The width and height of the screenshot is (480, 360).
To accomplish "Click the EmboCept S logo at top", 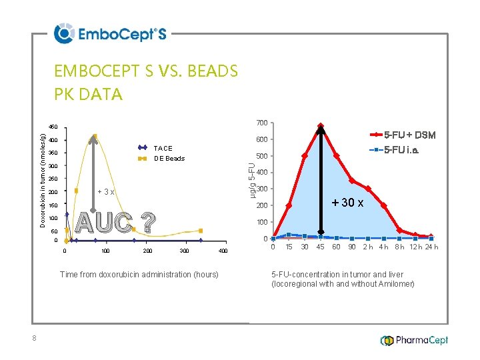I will click(x=110, y=33).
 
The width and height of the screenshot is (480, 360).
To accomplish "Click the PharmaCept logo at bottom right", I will click(x=414, y=340).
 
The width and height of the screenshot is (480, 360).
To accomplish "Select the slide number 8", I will click(x=34, y=339).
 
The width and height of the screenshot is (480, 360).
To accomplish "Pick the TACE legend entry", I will click(x=163, y=148).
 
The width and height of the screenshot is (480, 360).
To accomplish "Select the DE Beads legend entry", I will click(x=169, y=159).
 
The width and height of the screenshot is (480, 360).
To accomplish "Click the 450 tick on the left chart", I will click(x=53, y=127).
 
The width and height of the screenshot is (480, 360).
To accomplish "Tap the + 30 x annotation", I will click(x=347, y=203).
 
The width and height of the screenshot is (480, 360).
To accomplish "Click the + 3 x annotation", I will click(x=106, y=192).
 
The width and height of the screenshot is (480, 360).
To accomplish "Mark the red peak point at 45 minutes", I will click(x=321, y=126).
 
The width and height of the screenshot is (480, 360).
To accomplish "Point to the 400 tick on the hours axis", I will click(x=223, y=251).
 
